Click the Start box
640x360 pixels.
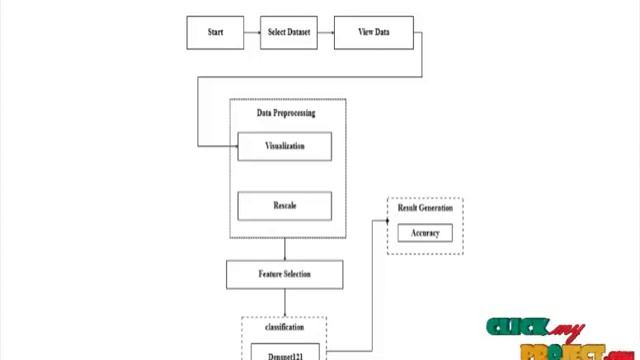tap(215, 32)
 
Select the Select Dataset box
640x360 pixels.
tap(289, 32)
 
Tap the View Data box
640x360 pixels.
tap(373, 32)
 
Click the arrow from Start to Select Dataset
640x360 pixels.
tap(252, 32)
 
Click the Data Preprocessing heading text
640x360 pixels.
tap(286, 113)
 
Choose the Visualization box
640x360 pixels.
tap(284, 146)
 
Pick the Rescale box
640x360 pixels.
tap(284, 206)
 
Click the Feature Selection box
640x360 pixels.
tap(284, 274)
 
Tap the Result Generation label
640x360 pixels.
tap(425, 208)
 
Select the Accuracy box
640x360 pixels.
tap(425, 233)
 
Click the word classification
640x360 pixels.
tap(284, 327)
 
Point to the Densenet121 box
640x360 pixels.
tap(284, 353)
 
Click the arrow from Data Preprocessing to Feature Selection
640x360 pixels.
tap(284, 250)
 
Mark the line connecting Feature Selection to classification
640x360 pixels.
tap(284, 303)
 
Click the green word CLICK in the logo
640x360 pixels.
tap(517, 328)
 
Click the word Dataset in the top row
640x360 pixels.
tap(299, 32)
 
